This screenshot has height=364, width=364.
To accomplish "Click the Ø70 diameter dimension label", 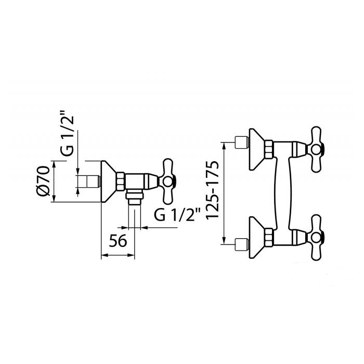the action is tap(43, 181).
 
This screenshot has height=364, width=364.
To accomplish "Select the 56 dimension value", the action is tap(118, 241).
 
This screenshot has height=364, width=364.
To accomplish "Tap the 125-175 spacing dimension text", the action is tap(212, 190).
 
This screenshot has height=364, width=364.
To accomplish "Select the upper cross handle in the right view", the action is tap(316, 150).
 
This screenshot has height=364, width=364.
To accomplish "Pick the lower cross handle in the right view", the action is tap(316, 238).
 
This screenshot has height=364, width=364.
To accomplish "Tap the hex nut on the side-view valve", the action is tap(121, 181).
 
